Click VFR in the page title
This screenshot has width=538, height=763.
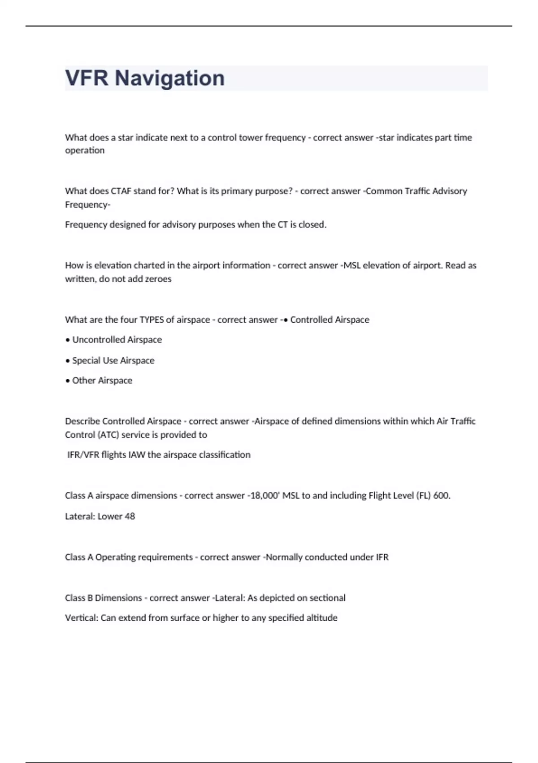tap(87, 79)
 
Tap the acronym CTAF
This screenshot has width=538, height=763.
tap(121, 191)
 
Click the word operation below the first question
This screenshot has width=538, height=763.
tap(85, 151)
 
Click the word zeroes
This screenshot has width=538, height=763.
tap(158, 279)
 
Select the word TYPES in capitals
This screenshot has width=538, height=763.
tap(152, 320)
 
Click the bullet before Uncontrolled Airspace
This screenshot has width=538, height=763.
tap(68, 340)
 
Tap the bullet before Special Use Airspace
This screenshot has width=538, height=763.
tap(68, 361)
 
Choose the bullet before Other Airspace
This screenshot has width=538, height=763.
tap(68, 381)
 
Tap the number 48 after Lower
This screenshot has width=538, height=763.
tap(130, 517)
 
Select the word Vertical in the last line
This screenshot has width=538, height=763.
tap(81, 618)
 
